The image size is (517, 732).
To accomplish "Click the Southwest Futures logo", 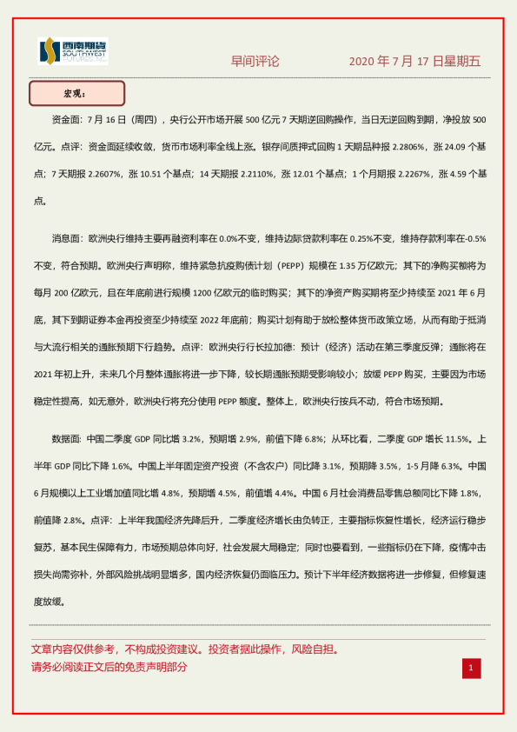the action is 73,52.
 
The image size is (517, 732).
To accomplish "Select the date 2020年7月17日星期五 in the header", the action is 414,62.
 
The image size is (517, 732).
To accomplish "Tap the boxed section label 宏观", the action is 76,93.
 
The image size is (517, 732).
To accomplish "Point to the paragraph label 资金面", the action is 67,119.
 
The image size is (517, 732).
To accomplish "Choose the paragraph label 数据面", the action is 67,439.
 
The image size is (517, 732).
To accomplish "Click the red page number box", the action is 470,668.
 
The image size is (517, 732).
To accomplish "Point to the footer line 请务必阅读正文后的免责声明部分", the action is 109,667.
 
